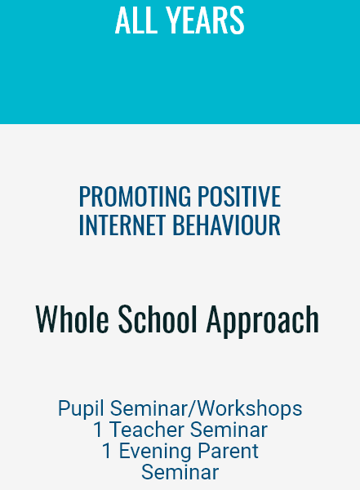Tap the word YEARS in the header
coord(205,20)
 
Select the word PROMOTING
coord(135,196)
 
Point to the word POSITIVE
coord(239,196)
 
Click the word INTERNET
coord(122,225)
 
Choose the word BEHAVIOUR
coord(227,225)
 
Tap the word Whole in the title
coord(73,318)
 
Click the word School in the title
coord(158,318)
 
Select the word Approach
coord(263,321)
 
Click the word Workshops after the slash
coord(250,408)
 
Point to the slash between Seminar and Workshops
coord(192,408)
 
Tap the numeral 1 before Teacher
coord(98,430)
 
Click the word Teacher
coord(147,430)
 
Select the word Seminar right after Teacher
coord(229,430)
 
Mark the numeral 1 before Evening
coord(107,451)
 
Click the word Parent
coord(228,451)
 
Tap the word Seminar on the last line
coord(180,472)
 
